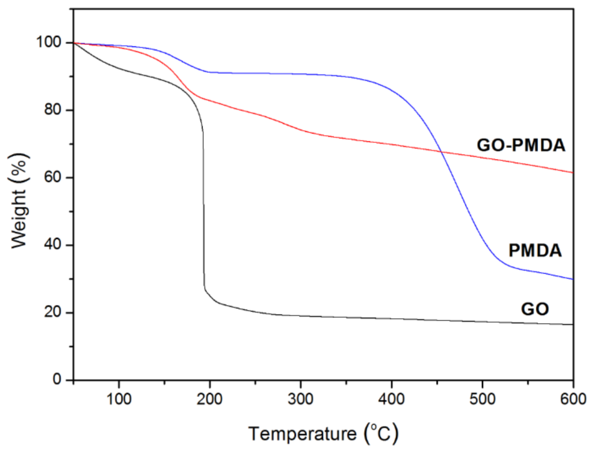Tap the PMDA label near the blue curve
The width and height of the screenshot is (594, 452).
point(535,250)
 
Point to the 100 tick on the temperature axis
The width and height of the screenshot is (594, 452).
point(119,399)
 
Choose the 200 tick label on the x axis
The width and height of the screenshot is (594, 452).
point(210,399)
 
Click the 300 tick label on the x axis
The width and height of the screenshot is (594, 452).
point(300,399)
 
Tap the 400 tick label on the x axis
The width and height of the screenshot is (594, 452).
point(391,399)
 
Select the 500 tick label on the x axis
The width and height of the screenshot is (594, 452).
point(482,399)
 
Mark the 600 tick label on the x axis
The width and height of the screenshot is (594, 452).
point(573,399)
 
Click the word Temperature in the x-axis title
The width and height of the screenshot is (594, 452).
point(302,434)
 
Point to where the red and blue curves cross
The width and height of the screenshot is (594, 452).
point(441,152)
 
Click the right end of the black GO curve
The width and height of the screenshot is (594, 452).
point(572,325)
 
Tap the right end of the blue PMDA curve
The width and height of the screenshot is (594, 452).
point(572,279)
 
